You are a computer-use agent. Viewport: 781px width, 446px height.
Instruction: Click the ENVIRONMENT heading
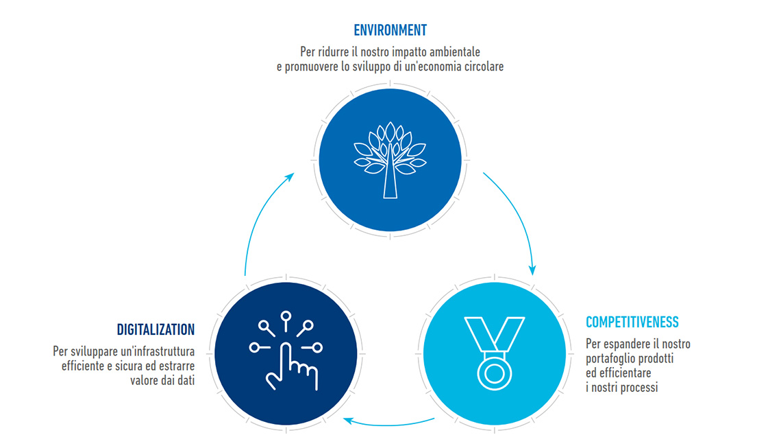click(x=390, y=30)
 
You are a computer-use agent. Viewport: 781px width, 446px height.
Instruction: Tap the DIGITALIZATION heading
click(x=156, y=330)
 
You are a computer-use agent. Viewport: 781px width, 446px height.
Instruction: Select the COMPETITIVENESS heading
click(x=632, y=322)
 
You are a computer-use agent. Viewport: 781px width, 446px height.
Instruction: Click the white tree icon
click(x=390, y=160)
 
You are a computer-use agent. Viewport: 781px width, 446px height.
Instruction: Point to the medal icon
click(x=494, y=353)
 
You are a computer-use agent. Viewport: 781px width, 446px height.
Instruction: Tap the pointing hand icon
click(x=286, y=350)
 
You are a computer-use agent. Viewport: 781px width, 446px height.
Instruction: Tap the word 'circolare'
click(x=484, y=67)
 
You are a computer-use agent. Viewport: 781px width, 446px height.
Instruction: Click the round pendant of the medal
click(x=494, y=373)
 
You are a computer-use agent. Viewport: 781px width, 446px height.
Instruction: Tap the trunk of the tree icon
click(x=390, y=180)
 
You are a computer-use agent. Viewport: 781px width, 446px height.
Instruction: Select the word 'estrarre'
click(x=177, y=366)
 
